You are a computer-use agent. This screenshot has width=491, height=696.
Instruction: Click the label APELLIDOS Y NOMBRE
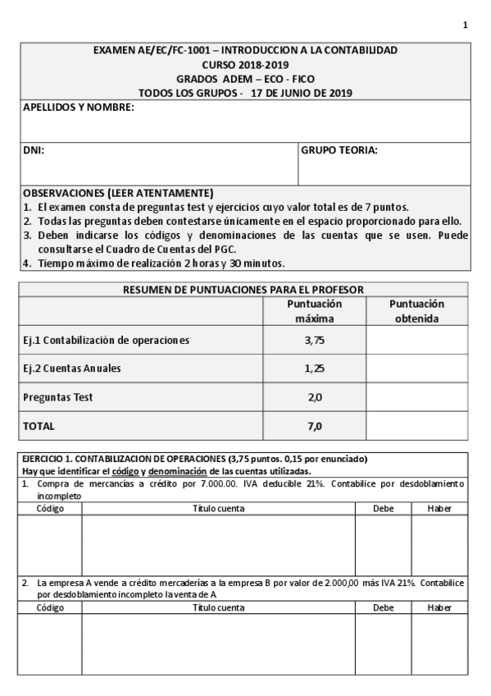(x=79, y=107)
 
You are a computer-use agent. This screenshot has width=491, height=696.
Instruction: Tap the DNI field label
(x=34, y=150)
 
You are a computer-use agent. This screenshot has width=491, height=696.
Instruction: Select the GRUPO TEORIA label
(x=339, y=150)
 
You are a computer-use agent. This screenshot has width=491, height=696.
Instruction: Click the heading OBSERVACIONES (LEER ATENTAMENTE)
(x=118, y=193)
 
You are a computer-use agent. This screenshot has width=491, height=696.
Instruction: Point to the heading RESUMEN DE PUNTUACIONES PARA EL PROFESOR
(x=243, y=289)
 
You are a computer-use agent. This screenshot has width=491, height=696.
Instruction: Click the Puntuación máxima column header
(x=315, y=310)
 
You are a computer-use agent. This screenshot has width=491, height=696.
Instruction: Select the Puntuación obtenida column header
(x=416, y=310)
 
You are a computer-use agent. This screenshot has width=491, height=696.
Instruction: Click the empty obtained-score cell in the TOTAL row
(x=416, y=427)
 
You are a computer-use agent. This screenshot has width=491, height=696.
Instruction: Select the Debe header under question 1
(x=382, y=508)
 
